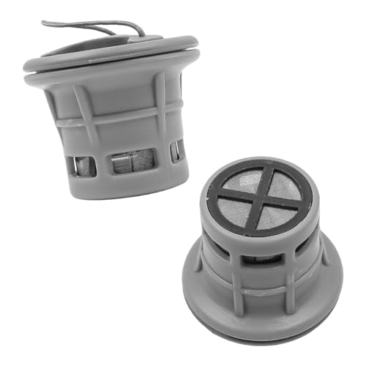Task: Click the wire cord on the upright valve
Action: (88, 23)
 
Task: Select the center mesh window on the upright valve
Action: (132, 160)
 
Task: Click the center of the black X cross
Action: (261, 196)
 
